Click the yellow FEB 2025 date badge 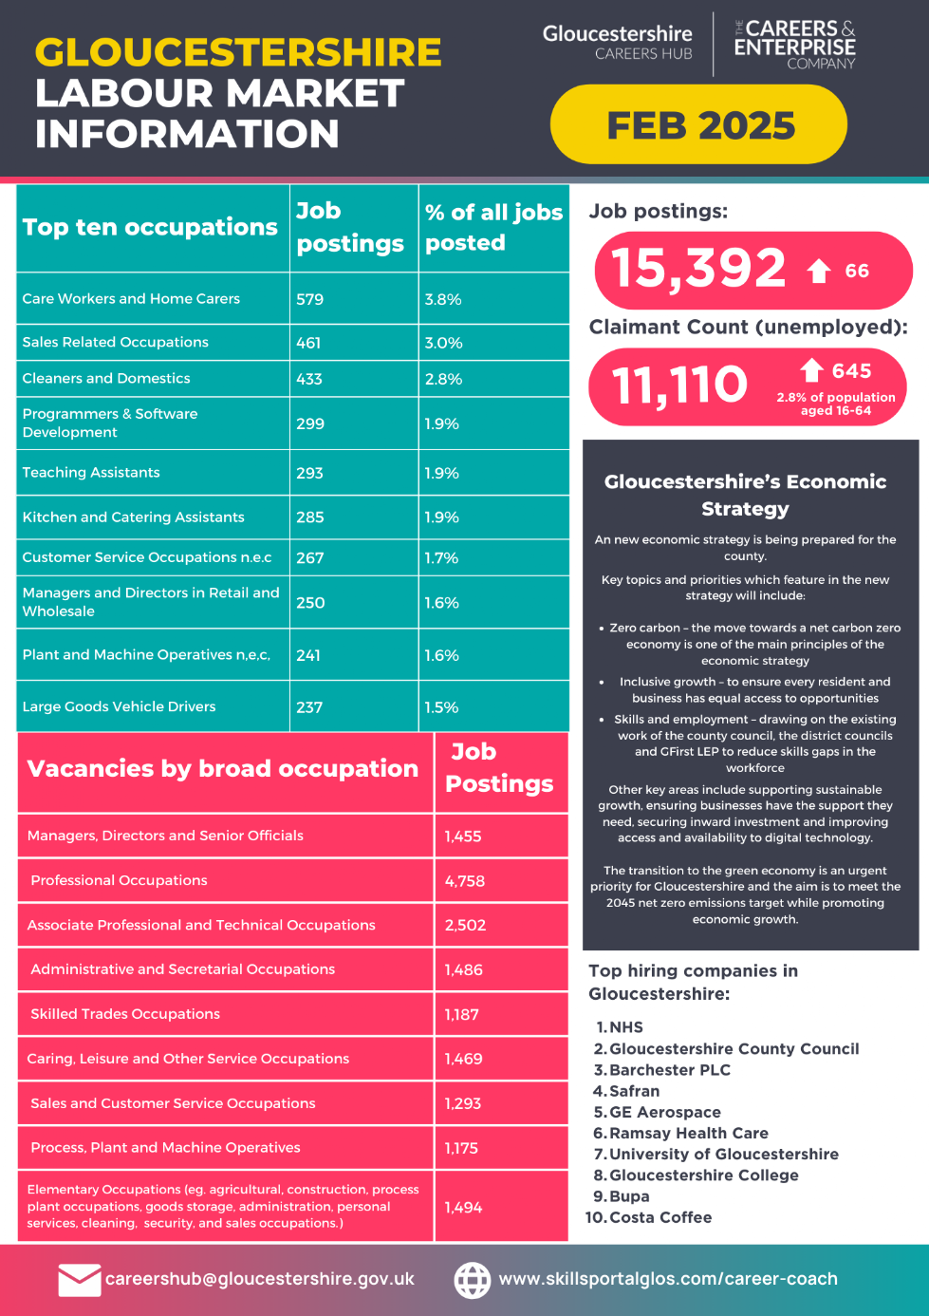698,124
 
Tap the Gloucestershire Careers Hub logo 617,42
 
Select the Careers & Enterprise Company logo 794,45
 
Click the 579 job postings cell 309,299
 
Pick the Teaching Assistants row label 91,472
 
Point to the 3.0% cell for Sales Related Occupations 443,343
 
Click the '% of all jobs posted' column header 493,227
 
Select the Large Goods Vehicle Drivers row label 119,706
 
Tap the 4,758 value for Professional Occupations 465,881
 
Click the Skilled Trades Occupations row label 125,1013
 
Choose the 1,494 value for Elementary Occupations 463,1208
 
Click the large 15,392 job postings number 698,269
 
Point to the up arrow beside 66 819,271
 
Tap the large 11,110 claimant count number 679,385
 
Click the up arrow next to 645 811,370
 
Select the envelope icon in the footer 80,1280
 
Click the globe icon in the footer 473,1280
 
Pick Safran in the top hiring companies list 634,1091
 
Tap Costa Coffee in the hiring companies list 660,1217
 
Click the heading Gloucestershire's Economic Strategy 745,495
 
